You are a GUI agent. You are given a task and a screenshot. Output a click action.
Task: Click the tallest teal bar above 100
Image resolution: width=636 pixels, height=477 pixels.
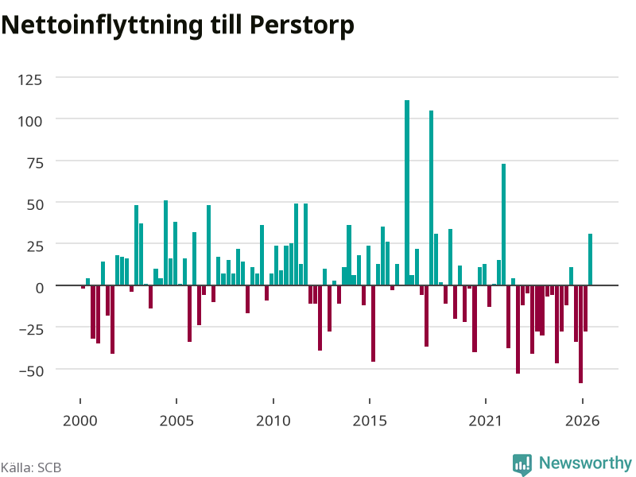click(407, 192)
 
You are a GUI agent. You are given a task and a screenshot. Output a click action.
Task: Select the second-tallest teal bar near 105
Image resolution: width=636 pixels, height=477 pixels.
click(431, 198)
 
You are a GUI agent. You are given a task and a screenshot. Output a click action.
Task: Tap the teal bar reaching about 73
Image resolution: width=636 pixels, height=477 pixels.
click(503, 224)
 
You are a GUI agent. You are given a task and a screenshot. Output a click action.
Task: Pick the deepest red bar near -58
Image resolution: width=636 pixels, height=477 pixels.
click(581, 334)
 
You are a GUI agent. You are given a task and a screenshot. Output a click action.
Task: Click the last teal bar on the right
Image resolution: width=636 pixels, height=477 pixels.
click(590, 260)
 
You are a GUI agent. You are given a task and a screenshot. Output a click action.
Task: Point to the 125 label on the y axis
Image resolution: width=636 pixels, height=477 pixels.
click(29, 80)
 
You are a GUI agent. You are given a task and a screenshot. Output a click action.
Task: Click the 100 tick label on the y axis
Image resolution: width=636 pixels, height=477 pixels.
click(29, 122)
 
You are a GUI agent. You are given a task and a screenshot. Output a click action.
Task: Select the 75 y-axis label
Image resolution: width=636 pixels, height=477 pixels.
click(35, 163)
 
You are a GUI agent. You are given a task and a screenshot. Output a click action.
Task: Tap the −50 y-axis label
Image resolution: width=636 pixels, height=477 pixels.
click(31, 371)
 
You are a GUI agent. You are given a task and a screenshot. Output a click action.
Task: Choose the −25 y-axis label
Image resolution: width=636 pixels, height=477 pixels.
click(31, 329)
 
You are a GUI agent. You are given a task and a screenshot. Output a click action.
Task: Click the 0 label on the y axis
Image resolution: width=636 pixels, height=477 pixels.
click(39, 288)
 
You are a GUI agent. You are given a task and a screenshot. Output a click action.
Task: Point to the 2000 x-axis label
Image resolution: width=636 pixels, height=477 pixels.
click(80, 421)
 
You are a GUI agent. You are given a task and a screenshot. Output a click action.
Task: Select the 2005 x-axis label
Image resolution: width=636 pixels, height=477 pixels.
click(176, 421)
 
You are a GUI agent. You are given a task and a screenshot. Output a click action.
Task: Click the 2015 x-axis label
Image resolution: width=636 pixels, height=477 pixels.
click(370, 421)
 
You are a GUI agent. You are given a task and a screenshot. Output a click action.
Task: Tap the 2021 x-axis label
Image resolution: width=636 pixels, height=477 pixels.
click(486, 421)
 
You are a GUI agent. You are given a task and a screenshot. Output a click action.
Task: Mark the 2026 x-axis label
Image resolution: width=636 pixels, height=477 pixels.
click(582, 421)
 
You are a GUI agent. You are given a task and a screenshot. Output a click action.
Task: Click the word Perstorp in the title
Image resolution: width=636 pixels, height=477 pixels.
click(302, 26)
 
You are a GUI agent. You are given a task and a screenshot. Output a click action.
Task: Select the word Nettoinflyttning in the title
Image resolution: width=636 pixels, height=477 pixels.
click(102, 26)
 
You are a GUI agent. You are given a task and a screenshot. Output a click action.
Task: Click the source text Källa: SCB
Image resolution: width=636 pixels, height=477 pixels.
click(31, 467)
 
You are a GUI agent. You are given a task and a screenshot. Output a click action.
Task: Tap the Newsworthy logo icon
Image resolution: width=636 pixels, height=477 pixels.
click(522, 464)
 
